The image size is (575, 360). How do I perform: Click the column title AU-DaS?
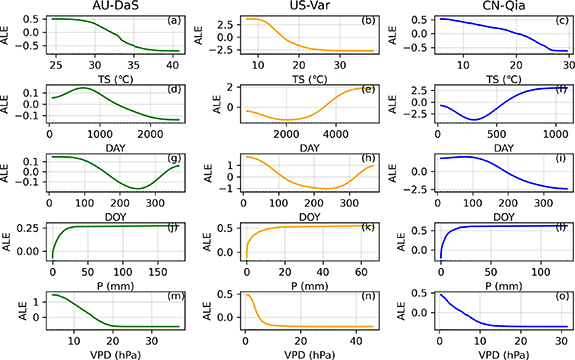click(116, 7)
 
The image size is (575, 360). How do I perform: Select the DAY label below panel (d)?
click(116, 143)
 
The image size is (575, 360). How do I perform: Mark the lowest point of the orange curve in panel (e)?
click(288, 121)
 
